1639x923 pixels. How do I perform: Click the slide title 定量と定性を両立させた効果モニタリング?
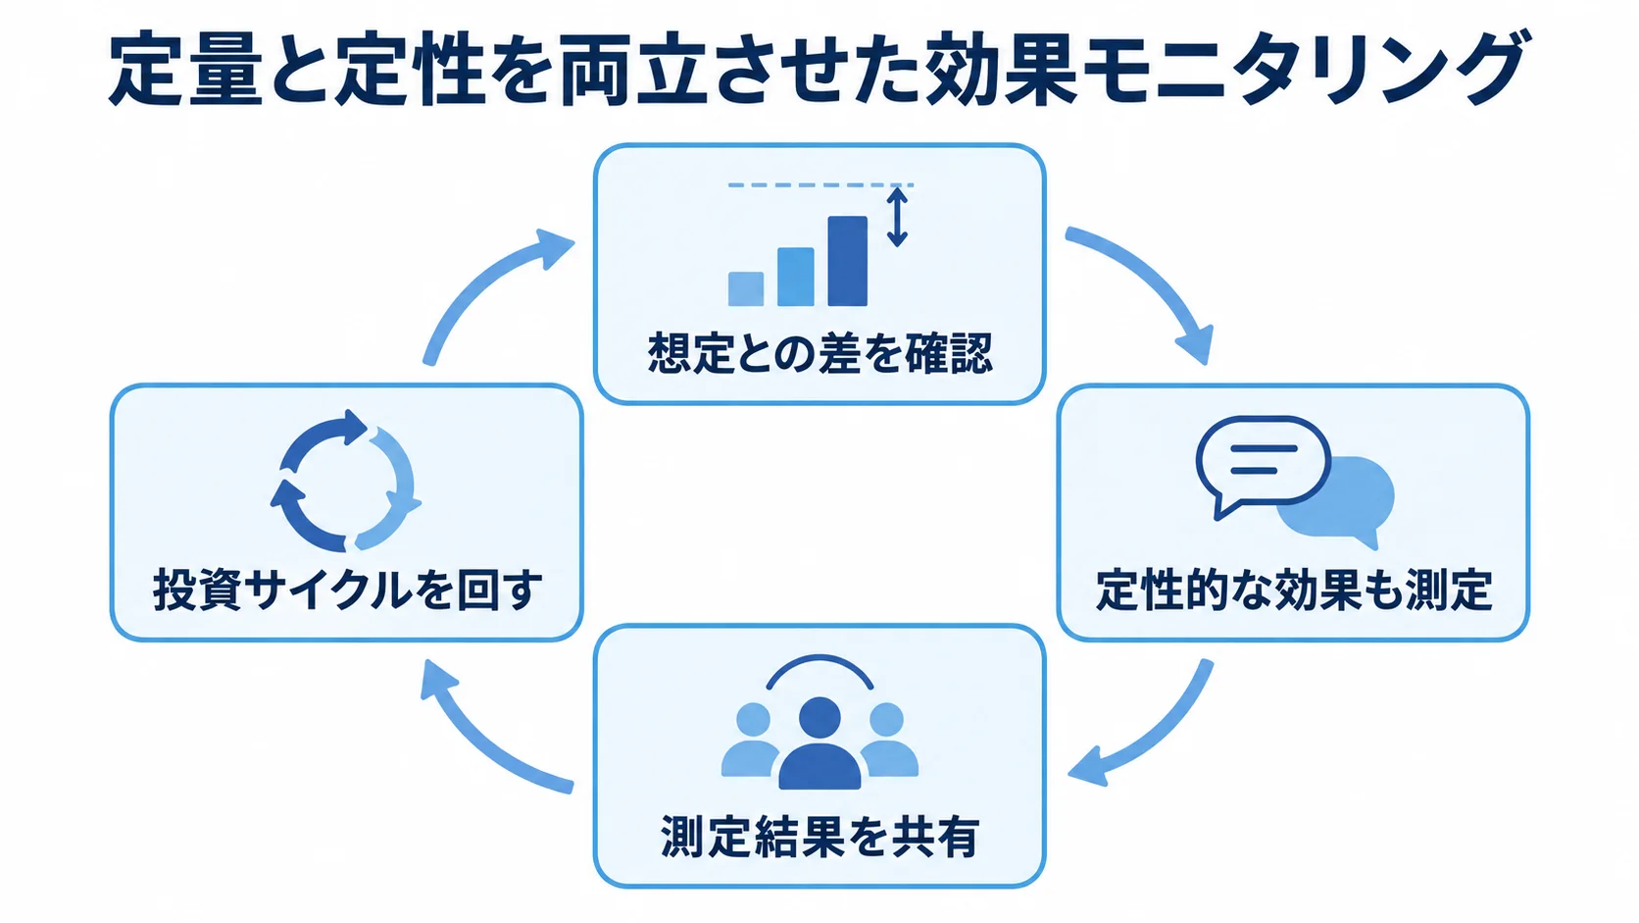(819, 69)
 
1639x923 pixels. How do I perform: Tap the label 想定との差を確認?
(820, 353)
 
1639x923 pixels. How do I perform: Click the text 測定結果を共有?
(819, 836)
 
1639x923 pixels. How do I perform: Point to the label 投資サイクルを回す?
(348, 590)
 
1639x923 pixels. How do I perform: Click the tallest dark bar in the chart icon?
(847, 261)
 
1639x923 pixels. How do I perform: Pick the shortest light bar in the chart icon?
(746, 288)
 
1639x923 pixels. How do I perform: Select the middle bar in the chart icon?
(795, 277)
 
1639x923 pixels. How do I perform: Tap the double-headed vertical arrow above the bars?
(897, 217)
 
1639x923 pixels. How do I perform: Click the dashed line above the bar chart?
(820, 185)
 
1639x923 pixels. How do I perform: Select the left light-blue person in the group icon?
(751, 740)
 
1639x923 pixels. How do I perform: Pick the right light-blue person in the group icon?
(888, 740)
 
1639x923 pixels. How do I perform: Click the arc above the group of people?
(819, 659)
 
